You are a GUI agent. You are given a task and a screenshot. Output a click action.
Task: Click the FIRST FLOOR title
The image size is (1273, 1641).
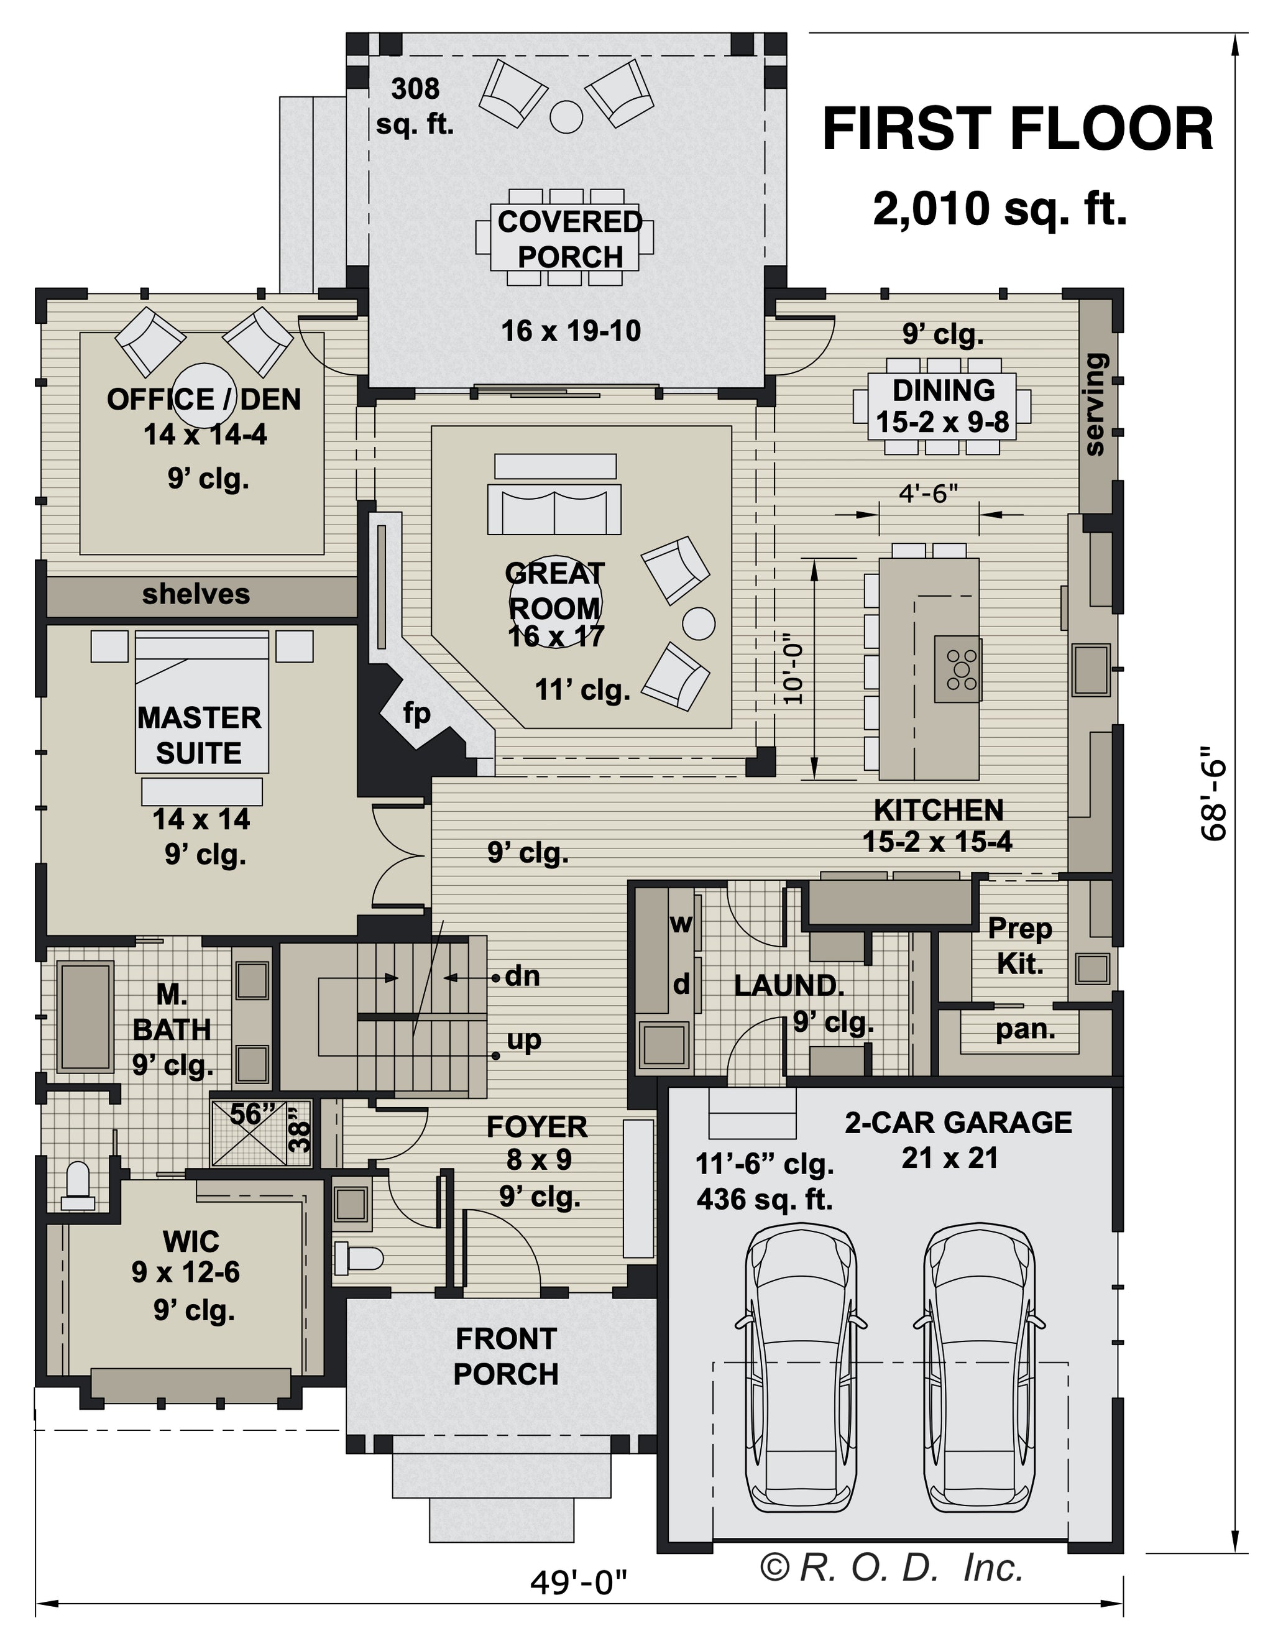click(x=1018, y=129)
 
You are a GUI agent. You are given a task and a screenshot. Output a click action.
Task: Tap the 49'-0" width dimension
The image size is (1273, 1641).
click(x=578, y=1583)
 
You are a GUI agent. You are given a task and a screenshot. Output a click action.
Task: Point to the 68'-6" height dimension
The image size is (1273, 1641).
click(x=1211, y=793)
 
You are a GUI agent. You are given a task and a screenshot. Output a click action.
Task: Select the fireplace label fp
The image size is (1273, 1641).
click(x=416, y=713)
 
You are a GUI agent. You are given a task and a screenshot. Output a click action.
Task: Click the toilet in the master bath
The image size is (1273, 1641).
click(x=78, y=1187)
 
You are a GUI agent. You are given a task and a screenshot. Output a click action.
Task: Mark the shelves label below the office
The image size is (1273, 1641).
click(x=196, y=594)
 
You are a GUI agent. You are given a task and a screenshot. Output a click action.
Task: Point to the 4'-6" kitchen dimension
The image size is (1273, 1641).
click(x=929, y=494)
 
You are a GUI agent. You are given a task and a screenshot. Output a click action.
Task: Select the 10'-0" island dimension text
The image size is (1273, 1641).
click(x=794, y=673)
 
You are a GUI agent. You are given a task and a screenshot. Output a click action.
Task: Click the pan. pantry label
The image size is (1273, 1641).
click(x=1025, y=1029)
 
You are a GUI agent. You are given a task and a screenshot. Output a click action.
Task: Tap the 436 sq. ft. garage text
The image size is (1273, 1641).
click(x=765, y=1199)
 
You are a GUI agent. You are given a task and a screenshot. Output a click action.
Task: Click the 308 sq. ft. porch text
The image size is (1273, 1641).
click(x=415, y=106)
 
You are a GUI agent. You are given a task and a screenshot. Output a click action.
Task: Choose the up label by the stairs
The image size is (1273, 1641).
click(x=524, y=1041)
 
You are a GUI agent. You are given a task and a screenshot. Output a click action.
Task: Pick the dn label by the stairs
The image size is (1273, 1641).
click(x=522, y=976)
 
